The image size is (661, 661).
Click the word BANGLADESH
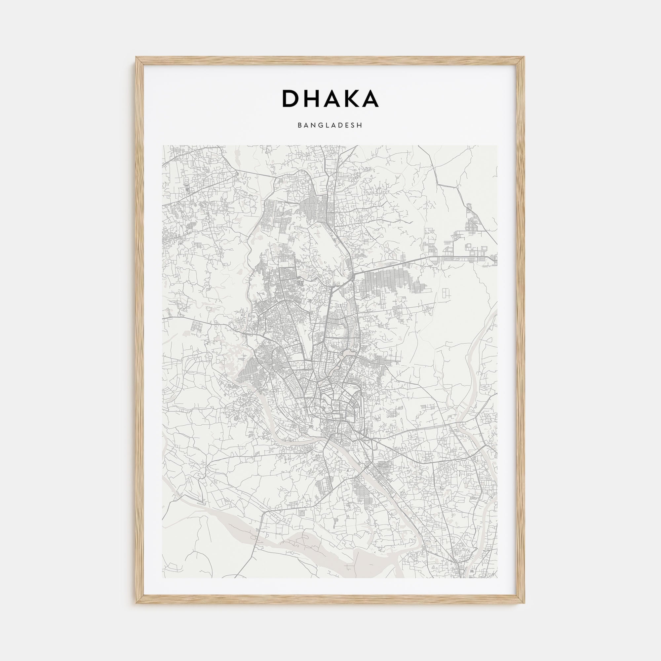tap(330, 126)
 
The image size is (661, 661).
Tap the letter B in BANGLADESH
tap(299, 126)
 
